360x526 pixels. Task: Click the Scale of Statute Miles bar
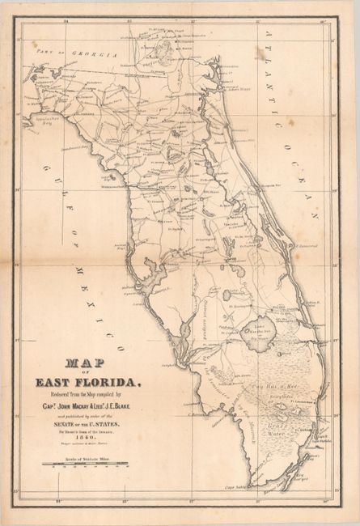click(87, 464)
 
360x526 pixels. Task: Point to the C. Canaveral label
click(308, 242)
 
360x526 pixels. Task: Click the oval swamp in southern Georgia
click(165, 52)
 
